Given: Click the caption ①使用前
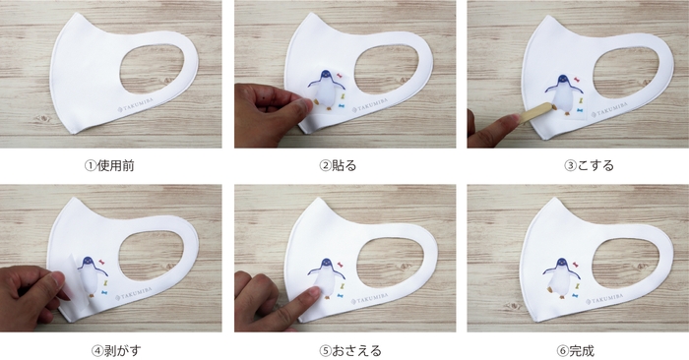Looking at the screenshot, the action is click(109, 166).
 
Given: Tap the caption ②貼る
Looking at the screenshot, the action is click(338, 166).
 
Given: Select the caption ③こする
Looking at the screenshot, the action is click(589, 166).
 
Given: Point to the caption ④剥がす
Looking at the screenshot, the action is click(116, 351).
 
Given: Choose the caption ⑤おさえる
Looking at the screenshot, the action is click(350, 351).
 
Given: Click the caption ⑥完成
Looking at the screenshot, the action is click(576, 351).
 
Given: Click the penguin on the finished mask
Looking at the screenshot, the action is click(561, 277).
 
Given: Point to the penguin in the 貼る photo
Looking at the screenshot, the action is click(326, 90).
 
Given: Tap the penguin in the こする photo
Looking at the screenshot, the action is click(564, 94).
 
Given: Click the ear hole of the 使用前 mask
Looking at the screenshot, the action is click(152, 69).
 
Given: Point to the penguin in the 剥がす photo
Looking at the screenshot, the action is click(93, 275).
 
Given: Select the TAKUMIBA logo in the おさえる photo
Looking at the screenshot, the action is click(370, 299).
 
